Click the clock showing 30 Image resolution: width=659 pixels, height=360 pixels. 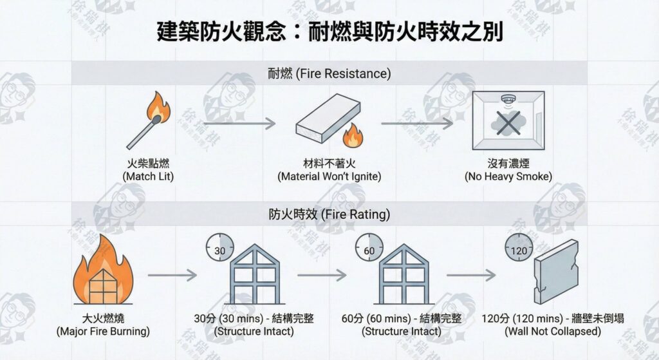pos(219,250)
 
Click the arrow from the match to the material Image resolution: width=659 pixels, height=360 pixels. pos(239,122)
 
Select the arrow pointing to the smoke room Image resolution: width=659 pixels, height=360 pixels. pos(418,122)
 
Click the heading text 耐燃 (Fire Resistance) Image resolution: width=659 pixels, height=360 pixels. pos(329,73)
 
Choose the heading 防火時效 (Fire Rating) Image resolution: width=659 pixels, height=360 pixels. pos(329,213)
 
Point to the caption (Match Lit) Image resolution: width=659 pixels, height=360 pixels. pos(147,176)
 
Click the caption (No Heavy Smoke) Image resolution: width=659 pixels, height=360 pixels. pos(508,176)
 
